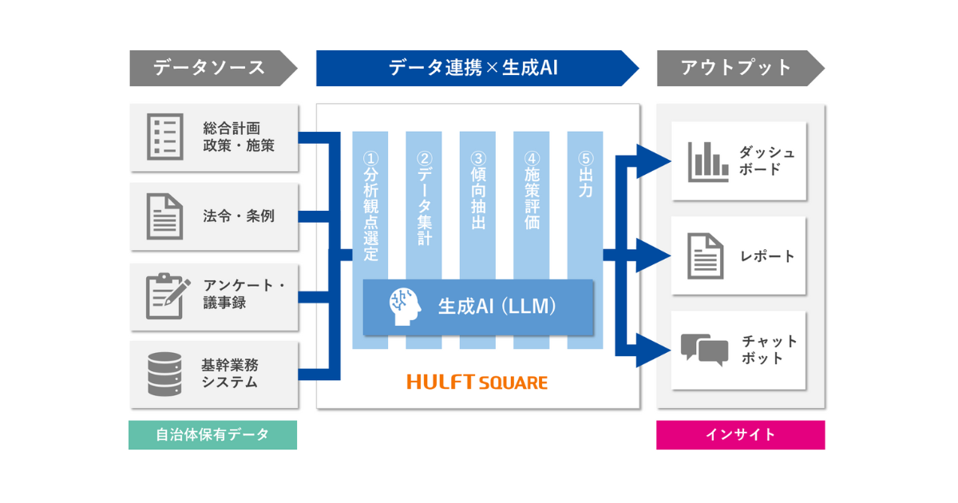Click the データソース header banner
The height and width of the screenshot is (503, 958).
click(x=209, y=68)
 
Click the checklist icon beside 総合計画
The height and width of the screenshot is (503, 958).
click(x=165, y=137)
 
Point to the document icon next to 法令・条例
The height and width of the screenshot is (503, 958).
click(x=165, y=216)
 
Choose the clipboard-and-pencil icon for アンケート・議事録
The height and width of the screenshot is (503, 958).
click(x=168, y=295)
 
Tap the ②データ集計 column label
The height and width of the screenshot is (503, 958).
click(x=424, y=195)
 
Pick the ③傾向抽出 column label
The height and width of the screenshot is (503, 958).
click(x=477, y=192)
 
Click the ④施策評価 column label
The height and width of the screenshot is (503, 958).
click(x=532, y=192)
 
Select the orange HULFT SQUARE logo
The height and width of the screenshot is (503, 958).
click(x=477, y=382)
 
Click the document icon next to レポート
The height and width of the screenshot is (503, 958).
click(x=707, y=256)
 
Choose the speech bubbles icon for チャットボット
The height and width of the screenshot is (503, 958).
click(x=704, y=350)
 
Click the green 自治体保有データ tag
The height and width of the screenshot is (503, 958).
click(x=212, y=435)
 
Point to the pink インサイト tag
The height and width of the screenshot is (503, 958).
click(x=740, y=435)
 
